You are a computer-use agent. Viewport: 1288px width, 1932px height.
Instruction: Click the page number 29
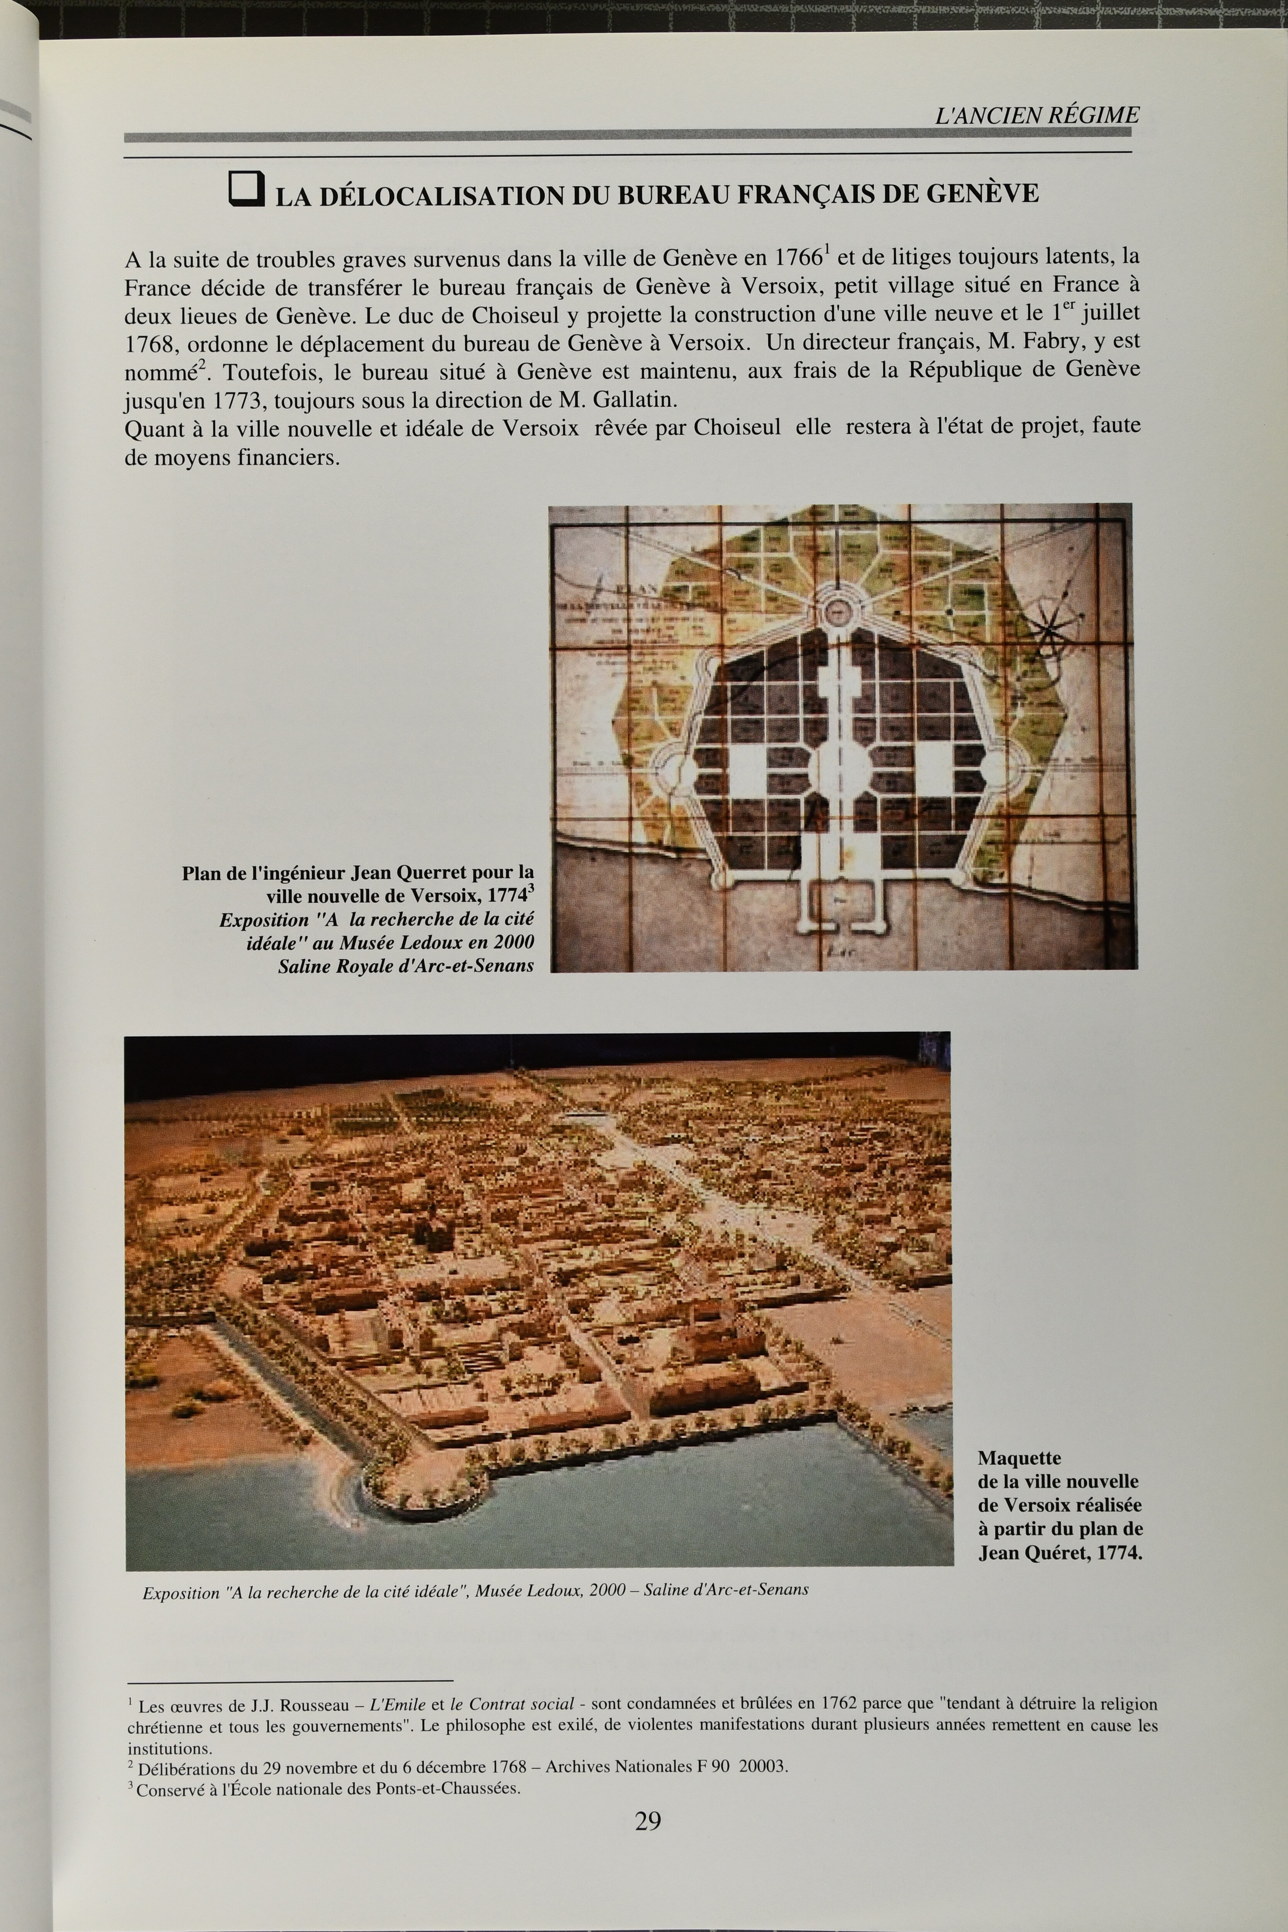[x=647, y=1821]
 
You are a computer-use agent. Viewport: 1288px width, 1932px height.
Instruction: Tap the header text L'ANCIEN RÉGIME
[x=1037, y=115]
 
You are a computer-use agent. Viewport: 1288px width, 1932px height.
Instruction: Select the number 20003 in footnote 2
[x=763, y=1766]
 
